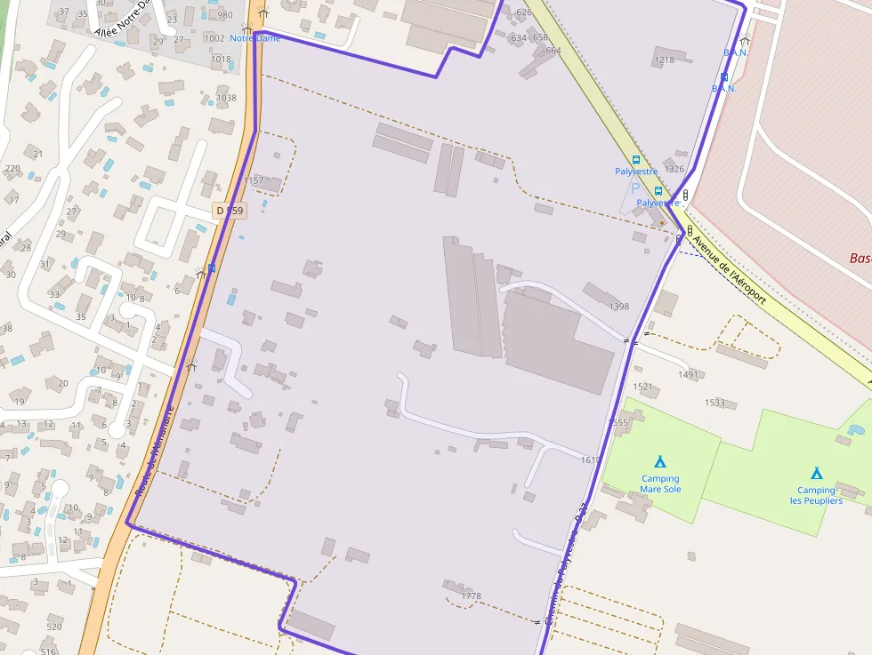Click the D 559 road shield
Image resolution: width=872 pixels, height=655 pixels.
coord(229,211)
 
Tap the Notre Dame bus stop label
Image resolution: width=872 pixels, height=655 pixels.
coord(254,38)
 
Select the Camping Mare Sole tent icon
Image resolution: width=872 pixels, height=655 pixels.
coord(660,461)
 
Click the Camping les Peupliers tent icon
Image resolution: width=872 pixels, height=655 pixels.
coord(816,473)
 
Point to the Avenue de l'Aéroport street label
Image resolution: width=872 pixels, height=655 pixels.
coord(729,271)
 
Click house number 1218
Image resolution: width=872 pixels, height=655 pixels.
coord(664,60)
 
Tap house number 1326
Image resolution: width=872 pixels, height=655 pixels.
coord(674,169)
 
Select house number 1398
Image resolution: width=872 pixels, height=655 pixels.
coord(619,307)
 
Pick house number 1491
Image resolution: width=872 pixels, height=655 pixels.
coord(688,375)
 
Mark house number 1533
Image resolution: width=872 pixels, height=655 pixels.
coord(715,403)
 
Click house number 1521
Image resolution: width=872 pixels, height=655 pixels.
coord(642,387)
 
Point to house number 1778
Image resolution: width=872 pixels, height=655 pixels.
coord(472,595)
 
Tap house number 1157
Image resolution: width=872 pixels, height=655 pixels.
coord(254,180)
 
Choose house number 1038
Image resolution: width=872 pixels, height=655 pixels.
coord(226,98)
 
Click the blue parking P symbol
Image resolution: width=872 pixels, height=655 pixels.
coord(635,188)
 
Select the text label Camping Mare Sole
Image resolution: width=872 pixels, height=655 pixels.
coord(660,484)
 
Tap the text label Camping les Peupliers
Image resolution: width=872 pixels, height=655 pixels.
coord(816,496)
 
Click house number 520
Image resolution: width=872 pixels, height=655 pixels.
coord(54,627)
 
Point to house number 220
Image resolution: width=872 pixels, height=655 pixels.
coord(12,168)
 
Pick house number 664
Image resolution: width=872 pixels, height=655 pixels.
coord(553,51)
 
